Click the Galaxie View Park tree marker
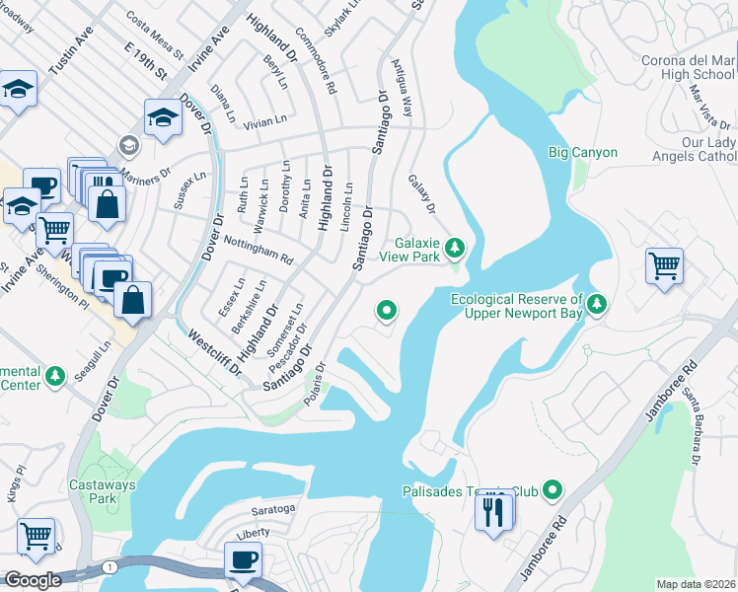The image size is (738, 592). pos(454,246)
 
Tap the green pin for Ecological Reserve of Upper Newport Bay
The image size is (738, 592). pos(596,304)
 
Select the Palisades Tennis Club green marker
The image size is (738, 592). pos(553,489)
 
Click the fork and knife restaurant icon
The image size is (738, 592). pos(494,511)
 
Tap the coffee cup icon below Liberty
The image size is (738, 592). pos(242,561)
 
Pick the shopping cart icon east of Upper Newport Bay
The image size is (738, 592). pos(665,265)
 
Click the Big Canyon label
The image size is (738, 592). pos(583,153)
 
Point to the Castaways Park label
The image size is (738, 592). pos(94,491)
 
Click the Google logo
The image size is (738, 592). pos(33,580)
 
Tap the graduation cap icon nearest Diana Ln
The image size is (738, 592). pos(164,118)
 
